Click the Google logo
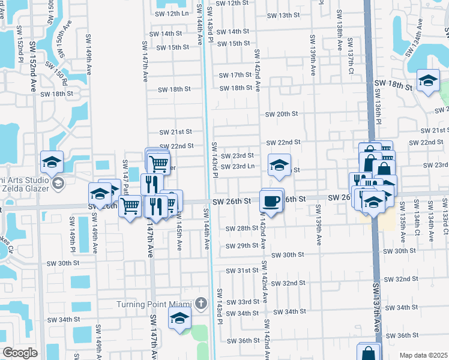[20, 353]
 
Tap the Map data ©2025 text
[423, 355]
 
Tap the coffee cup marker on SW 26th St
[271, 200]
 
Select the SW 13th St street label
[285, 15]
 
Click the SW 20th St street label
[283, 114]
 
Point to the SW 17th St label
[235, 75]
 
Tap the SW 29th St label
[243, 246]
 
